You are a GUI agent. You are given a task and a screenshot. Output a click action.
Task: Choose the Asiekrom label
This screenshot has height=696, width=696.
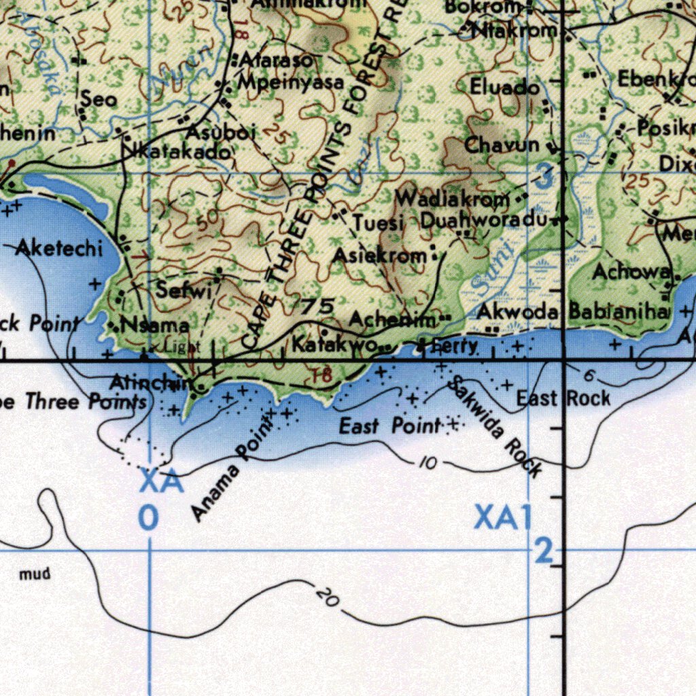[x=379, y=256]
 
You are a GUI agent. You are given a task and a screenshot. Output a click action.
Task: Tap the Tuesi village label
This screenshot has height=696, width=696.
[x=379, y=223]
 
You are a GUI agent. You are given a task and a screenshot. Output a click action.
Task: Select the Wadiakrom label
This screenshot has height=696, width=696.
[x=452, y=199]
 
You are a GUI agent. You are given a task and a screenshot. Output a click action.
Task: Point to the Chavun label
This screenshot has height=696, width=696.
[x=502, y=145]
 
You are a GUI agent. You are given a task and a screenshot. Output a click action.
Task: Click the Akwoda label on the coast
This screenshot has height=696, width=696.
[x=518, y=312]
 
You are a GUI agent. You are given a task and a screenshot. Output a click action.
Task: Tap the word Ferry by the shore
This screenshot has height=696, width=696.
[x=455, y=346]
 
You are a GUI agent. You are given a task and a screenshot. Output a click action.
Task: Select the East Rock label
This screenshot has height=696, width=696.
[x=563, y=398]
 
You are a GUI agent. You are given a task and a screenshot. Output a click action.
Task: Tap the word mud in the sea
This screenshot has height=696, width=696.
[x=35, y=574]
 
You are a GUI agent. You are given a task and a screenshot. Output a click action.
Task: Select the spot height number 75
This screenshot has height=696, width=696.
[x=317, y=307]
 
